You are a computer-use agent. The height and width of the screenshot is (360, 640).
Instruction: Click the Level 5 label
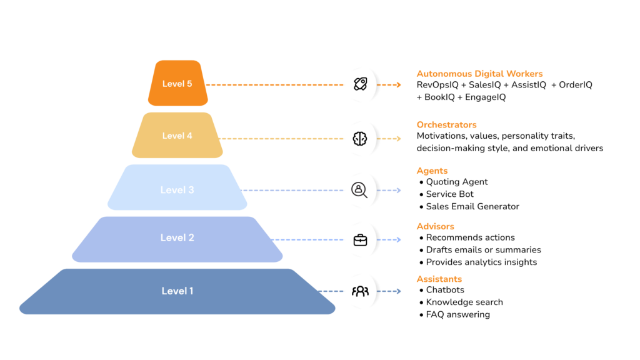(177, 84)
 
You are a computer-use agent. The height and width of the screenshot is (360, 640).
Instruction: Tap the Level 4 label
(177, 136)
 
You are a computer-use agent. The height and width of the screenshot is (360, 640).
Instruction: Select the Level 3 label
(177, 190)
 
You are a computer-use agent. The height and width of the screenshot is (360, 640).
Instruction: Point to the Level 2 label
(177, 237)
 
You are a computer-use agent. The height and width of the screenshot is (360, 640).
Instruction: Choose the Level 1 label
(177, 291)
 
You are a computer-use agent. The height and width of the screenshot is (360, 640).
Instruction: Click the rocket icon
(361, 84)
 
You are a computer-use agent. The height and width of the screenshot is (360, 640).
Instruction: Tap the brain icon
(361, 138)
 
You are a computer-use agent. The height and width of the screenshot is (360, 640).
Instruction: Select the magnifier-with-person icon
(361, 189)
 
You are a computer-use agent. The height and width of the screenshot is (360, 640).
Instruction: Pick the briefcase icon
(361, 239)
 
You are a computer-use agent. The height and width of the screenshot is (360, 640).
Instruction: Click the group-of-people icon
(361, 291)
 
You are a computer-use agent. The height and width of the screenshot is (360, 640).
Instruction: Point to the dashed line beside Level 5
(275, 85)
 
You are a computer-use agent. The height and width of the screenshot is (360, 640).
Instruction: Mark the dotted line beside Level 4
(275, 136)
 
